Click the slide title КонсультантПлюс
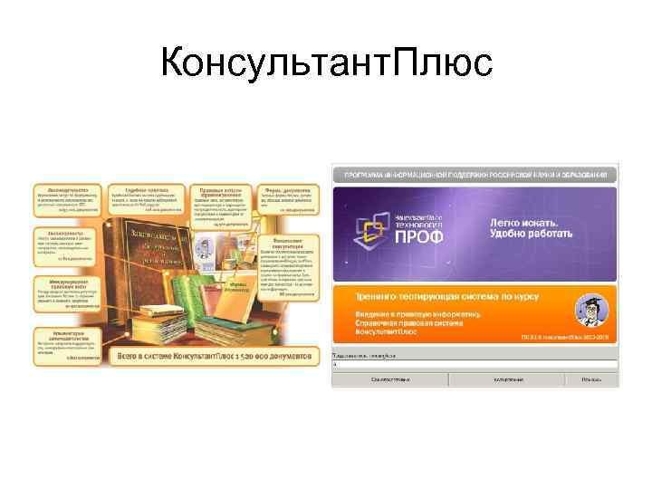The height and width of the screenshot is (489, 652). tap(326, 63)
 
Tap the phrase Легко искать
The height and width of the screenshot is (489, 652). tap(524, 221)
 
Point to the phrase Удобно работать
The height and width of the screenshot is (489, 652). tap(532, 235)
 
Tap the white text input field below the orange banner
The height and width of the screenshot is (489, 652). tap(475, 364)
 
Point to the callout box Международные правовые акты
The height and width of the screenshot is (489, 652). tap(69, 290)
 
